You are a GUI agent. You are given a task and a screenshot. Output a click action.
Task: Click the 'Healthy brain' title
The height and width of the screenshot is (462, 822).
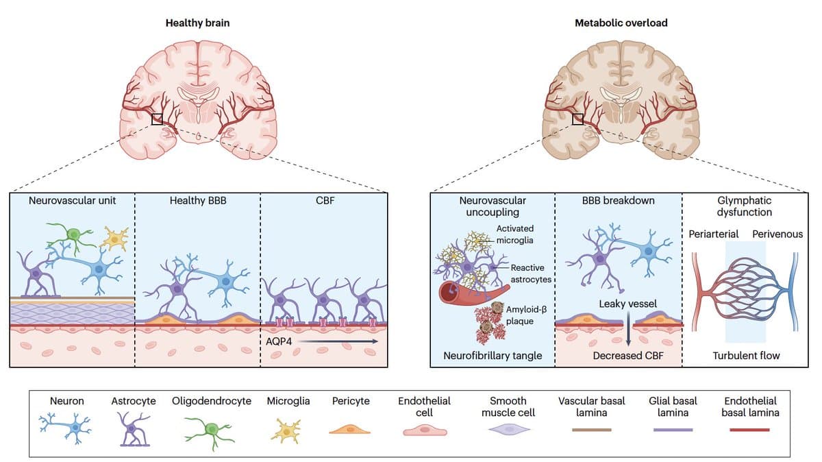(x=197, y=23)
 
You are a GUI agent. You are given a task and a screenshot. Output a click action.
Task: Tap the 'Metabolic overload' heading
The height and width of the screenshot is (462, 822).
(x=621, y=23)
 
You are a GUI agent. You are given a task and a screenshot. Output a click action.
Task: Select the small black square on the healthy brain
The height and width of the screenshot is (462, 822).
(x=158, y=119)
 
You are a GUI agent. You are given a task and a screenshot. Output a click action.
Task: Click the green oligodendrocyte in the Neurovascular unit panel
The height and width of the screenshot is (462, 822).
(x=73, y=234)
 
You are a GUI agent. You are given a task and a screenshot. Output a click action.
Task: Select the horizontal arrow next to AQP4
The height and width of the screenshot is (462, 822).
(x=337, y=341)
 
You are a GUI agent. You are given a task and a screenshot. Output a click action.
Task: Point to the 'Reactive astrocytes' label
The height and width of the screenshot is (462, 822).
(x=531, y=273)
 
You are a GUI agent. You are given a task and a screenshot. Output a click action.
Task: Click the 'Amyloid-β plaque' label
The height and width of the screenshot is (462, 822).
(x=525, y=315)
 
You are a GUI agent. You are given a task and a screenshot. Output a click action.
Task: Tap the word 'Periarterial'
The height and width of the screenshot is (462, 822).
(x=714, y=234)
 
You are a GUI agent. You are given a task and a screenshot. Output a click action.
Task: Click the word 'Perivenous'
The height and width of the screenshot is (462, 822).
(x=777, y=234)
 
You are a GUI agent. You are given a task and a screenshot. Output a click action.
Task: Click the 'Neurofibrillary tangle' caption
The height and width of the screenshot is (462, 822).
(x=492, y=356)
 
